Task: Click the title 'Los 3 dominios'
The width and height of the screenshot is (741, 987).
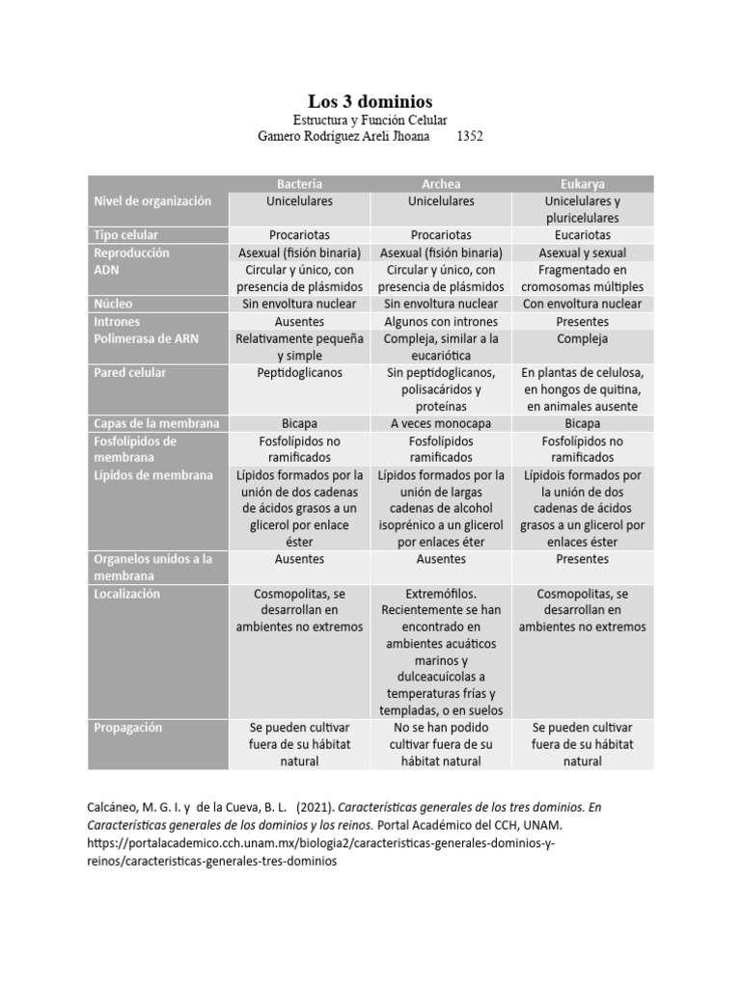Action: tap(370, 101)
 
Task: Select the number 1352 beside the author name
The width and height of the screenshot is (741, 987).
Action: tap(469, 137)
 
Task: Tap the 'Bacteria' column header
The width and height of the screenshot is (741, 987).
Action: tap(300, 183)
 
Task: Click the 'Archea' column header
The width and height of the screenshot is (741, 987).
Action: tap(441, 183)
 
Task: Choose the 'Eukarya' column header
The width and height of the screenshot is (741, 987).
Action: tap(582, 183)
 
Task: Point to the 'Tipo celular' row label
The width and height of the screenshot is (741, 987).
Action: tap(126, 235)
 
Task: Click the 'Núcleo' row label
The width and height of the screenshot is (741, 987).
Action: tap(114, 304)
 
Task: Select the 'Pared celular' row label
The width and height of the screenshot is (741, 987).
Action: tap(129, 372)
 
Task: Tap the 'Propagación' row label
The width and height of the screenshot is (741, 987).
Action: tap(128, 727)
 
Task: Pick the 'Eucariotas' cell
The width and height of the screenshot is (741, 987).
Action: tap(582, 235)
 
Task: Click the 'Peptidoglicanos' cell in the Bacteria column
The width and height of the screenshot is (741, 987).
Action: tap(300, 372)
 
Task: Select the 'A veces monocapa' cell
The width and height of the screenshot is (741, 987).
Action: tap(441, 423)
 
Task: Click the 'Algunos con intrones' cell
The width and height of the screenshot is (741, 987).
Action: tap(441, 321)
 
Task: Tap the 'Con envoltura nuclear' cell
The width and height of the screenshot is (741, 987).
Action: tap(582, 304)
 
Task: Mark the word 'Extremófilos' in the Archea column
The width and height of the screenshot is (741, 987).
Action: tap(442, 594)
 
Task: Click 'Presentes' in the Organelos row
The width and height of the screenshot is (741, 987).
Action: tap(582, 559)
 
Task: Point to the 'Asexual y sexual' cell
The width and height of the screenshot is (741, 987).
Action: tap(582, 253)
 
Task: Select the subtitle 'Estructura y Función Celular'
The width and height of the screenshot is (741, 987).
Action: tap(370, 120)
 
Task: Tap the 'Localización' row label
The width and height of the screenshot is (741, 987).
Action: tap(126, 594)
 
